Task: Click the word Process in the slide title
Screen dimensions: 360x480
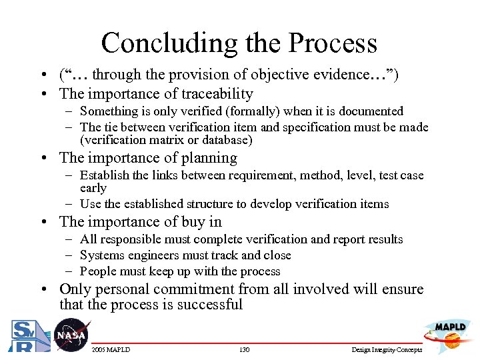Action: [333, 43]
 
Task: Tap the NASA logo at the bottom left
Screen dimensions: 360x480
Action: [70, 335]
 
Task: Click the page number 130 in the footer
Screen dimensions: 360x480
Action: [243, 350]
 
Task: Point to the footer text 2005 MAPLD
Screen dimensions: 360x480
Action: [111, 350]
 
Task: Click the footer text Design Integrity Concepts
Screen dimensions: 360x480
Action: [386, 350]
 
